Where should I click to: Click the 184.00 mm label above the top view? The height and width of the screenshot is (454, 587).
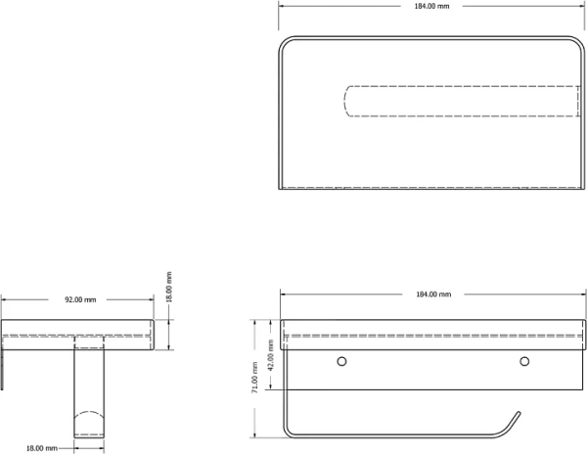coord(431,6)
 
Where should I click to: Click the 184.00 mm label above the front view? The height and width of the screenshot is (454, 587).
coord(433,295)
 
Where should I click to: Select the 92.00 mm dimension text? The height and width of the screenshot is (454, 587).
coord(80,299)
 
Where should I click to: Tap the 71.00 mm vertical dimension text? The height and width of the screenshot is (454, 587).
coord(255,378)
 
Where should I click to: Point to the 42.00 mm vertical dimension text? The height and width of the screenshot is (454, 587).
coord(271,355)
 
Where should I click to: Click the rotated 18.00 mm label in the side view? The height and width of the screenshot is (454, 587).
coord(169,287)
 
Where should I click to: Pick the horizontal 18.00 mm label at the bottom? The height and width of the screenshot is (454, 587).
coord(41,448)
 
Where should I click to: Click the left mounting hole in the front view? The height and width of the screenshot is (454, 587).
coord(341,361)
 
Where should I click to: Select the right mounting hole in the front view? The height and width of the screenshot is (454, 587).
coord(524,361)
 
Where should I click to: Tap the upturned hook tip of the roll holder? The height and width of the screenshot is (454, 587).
coord(519,414)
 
